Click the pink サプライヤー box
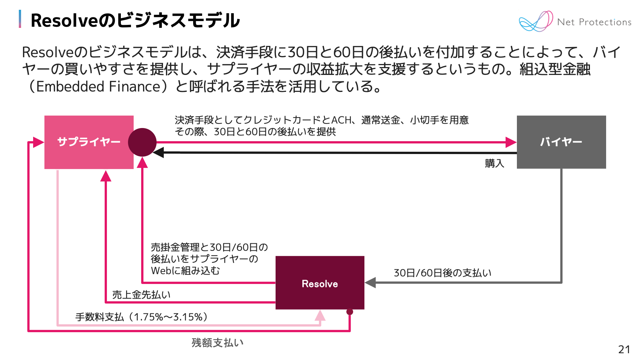[89, 142]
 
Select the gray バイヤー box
[561, 142]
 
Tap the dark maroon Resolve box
[320, 283]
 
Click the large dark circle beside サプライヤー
[142, 142]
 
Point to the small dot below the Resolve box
[350, 312]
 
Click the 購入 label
[494, 163]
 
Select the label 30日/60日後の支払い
[442, 273]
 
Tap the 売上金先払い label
[141, 294]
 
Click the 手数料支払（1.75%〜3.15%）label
[142, 317]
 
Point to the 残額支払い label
[217, 343]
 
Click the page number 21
[624, 349]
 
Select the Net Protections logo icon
[535, 21]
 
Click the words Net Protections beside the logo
[594, 22]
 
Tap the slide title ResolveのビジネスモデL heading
[135, 20]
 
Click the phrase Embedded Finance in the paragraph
[99, 87]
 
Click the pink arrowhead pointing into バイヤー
[511, 142]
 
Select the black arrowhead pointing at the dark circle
[158, 153]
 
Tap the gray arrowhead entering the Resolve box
[370, 282]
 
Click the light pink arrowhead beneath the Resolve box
[320, 316]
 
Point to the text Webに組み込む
[185, 271]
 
